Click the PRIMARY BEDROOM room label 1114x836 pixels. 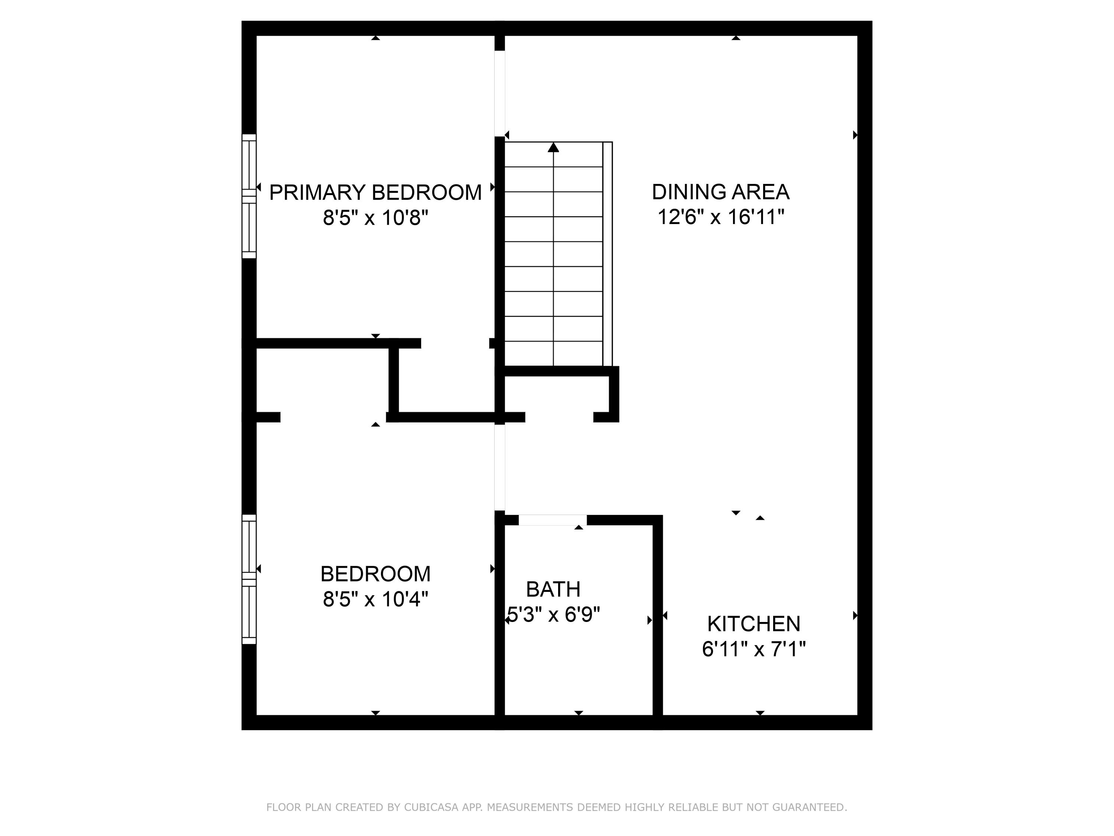click(x=375, y=192)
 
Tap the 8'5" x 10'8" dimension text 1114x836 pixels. click(x=375, y=218)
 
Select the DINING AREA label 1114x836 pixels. click(x=720, y=192)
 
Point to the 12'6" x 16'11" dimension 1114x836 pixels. click(x=720, y=217)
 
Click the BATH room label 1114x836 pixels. click(x=553, y=589)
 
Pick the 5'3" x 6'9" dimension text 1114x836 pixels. click(x=553, y=615)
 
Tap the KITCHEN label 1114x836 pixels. click(x=753, y=624)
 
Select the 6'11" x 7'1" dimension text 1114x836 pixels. click(x=753, y=649)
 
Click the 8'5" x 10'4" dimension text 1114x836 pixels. click(x=375, y=599)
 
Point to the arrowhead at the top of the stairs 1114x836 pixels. click(x=554, y=147)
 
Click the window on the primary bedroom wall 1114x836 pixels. click(x=249, y=196)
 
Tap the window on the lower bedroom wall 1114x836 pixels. click(x=249, y=579)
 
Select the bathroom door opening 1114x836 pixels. click(x=553, y=520)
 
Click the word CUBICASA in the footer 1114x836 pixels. click(x=431, y=807)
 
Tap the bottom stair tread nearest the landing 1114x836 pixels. click(x=554, y=354)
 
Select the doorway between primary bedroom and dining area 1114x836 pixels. click(x=499, y=93)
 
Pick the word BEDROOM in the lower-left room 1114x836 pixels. click(x=375, y=574)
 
